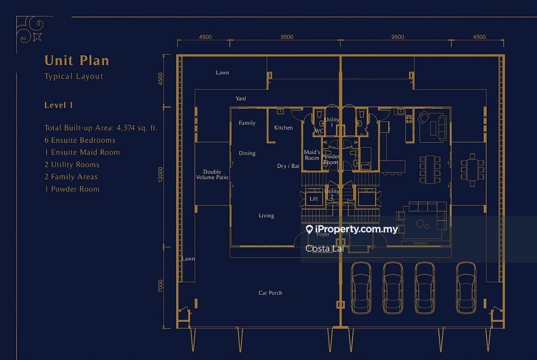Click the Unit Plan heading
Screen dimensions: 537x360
(77, 60)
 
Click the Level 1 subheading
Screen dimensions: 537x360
(58, 105)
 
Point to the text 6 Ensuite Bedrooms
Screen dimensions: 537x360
(80, 140)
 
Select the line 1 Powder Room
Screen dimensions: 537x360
(72, 189)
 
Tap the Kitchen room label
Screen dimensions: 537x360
(283, 128)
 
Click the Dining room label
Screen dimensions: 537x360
(247, 154)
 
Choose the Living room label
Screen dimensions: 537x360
(266, 216)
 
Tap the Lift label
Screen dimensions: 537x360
(313, 199)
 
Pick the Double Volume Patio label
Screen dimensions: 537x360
(212, 175)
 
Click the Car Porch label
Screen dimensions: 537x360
(270, 293)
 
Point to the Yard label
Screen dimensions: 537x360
(240, 99)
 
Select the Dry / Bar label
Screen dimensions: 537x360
(288, 166)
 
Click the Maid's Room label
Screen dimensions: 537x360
(312, 155)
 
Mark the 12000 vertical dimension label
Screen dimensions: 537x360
(160, 175)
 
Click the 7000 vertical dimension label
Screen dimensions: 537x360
(160, 286)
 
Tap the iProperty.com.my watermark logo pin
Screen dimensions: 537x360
(309, 229)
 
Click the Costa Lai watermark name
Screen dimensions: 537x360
(325, 248)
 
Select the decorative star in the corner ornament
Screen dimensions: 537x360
(37, 37)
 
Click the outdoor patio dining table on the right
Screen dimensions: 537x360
(472, 170)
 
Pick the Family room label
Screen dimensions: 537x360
(247, 123)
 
